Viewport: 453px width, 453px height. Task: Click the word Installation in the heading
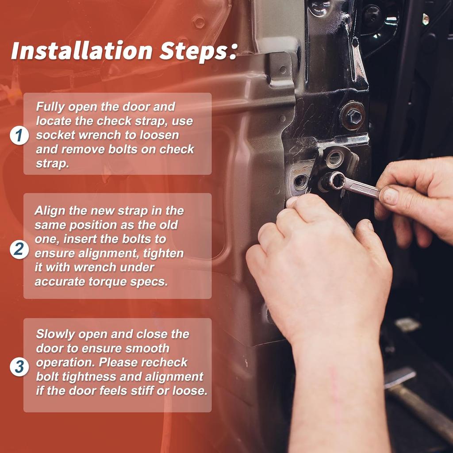click(x=81, y=50)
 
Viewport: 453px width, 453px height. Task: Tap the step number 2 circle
click(x=19, y=249)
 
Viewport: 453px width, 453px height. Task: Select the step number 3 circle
click(x=19, y=367)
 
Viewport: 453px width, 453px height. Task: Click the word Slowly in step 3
click(x=55, y=334)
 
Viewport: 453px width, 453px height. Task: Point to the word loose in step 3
click(x=189, y=391)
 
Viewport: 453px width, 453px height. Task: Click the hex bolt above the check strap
click(x=353, y=116)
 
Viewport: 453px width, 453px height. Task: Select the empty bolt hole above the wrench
click(x=334, y=158)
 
